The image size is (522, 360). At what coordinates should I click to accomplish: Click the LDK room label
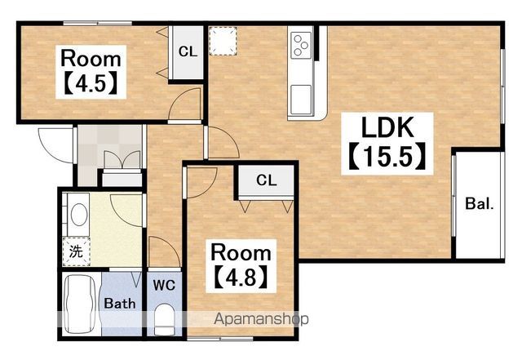(387, 127)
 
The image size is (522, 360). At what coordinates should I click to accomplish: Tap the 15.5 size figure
(387, 156)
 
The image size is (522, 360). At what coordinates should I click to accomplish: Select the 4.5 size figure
(91, 83)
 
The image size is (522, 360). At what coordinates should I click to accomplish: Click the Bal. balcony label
(480, 203)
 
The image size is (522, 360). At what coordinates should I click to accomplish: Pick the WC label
(164, 285)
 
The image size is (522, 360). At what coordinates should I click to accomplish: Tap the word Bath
(120, 303)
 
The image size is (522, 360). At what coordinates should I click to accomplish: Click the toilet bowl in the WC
(165, 319)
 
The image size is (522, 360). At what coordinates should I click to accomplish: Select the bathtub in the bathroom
(80, 304)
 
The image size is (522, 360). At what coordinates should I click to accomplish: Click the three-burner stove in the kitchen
(301, 45)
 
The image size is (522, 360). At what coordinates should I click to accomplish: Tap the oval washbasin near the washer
(79, 215)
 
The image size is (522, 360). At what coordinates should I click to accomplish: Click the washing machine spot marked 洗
(76, 251)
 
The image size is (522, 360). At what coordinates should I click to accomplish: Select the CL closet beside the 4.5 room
(187, 52)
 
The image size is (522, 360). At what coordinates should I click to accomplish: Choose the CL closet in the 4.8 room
(267, 181)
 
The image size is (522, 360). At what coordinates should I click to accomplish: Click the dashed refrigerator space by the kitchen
(223, 41)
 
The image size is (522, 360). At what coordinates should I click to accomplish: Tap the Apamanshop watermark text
(261, 319)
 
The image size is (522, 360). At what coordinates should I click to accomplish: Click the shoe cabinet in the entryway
(122, 178)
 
